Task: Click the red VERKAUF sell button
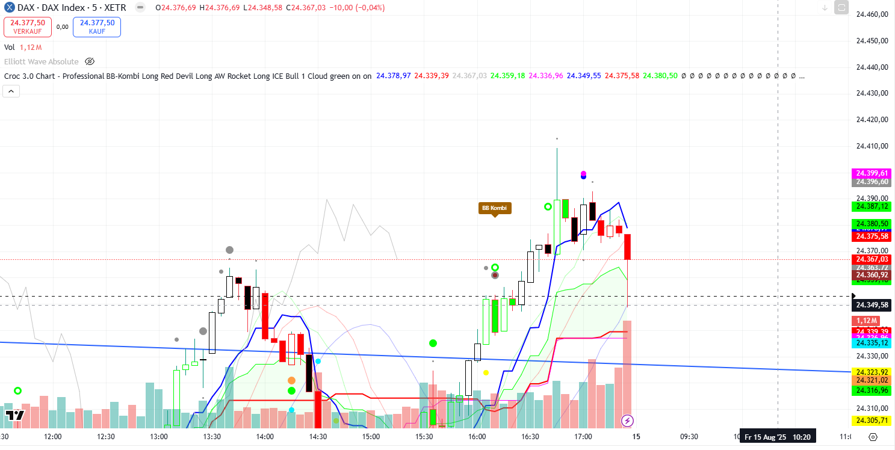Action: point(26,26)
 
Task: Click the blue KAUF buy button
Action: point(97,26)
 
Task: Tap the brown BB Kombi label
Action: point(494,208)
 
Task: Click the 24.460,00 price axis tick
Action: point(872,14)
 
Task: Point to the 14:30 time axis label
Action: point(318,437)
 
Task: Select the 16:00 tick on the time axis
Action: point(477,437)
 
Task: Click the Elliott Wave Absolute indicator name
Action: point(42,61)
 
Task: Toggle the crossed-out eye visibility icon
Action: point(90,61)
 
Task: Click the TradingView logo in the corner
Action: point(14,415)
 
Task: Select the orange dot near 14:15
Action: point(291,380)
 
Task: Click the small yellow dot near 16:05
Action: point(486,372)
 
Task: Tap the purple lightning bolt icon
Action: point(627,420)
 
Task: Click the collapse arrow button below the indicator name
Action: point(11,91)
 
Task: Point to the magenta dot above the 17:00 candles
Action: point(583,173)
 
